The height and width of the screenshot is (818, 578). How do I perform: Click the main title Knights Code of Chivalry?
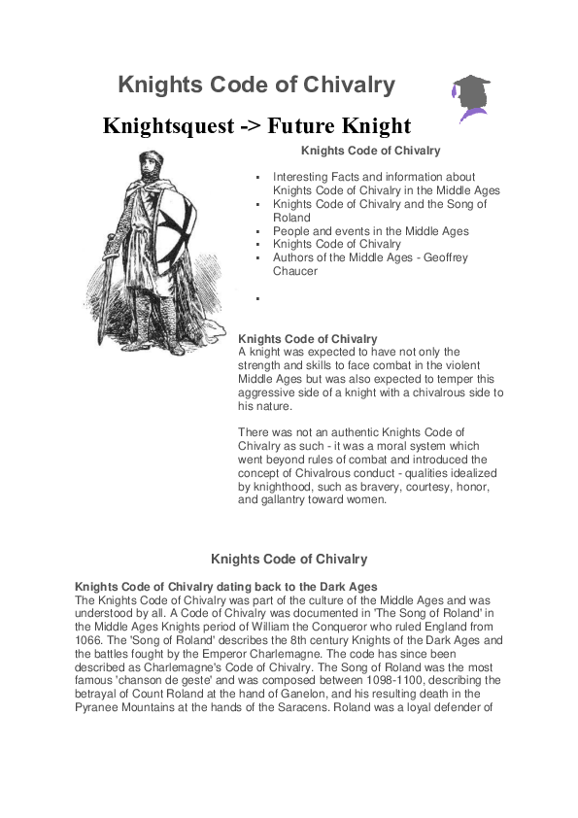coord(256,85)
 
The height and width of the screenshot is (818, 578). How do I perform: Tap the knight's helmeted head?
coord(151,165)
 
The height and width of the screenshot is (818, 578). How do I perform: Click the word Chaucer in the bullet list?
coord(295,272)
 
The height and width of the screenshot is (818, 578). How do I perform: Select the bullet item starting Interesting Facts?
coord(374,184)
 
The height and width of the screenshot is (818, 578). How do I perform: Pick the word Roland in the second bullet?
coord(291,218)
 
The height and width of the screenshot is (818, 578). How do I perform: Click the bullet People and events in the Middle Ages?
coord(371,231)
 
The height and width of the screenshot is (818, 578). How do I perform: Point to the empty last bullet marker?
coord(257,297)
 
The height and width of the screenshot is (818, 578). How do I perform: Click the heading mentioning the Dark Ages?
coord(226,586)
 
